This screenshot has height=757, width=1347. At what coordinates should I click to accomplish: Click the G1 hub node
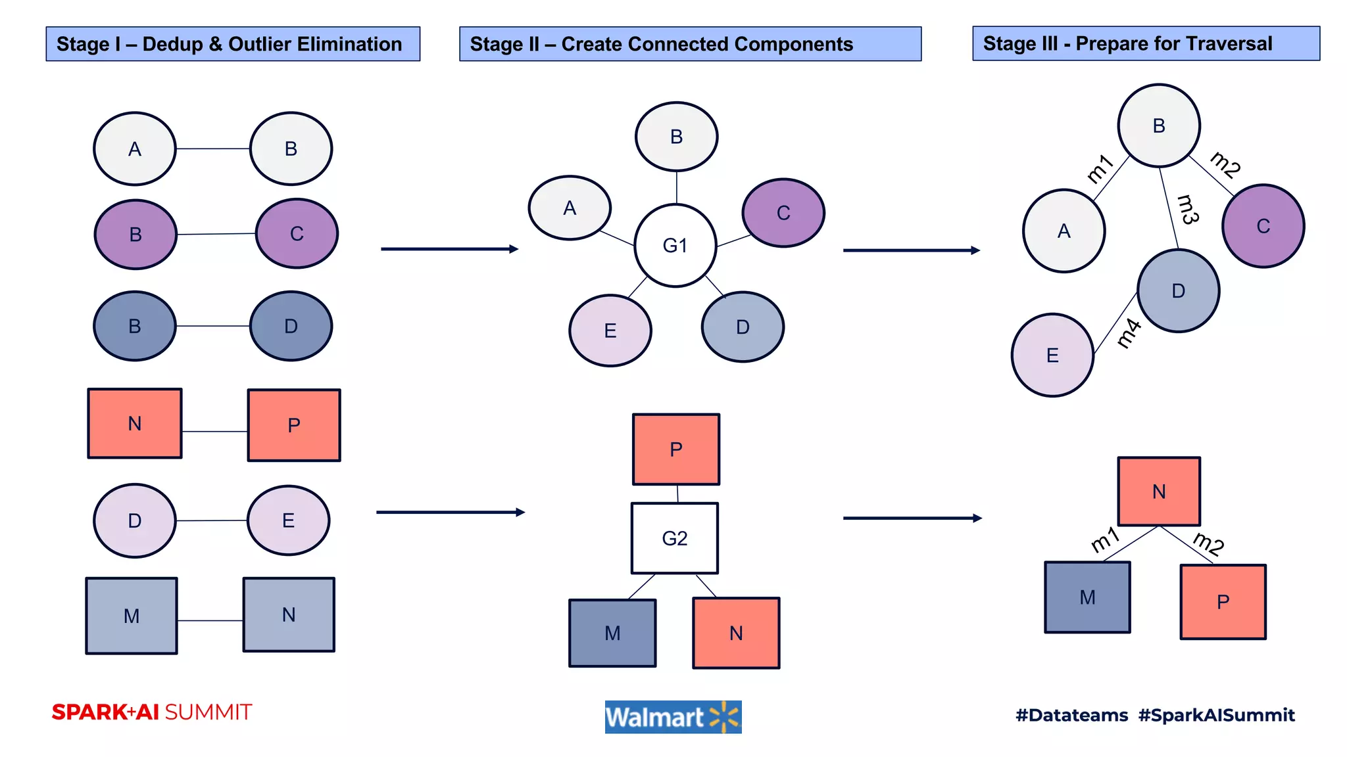[675, 245]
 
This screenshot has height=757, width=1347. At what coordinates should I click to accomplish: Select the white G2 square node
[675, 538]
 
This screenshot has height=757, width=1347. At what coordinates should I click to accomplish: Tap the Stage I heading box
[233, 44]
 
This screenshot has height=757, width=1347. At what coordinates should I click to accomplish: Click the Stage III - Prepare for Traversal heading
[1146, 43]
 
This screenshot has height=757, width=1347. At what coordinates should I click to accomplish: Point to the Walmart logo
[673, 717]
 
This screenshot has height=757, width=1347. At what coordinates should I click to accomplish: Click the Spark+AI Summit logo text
[152, 712]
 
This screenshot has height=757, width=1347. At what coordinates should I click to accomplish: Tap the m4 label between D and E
[1129, 333]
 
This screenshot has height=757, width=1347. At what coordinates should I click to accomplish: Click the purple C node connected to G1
[783, 213]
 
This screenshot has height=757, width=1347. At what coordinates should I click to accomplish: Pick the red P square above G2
[676, 449]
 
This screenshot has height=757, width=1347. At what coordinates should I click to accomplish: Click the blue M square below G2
[612, 633]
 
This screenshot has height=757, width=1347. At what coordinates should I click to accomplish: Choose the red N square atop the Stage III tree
[1159, 492]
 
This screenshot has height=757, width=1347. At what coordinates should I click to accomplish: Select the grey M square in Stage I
[132, 616]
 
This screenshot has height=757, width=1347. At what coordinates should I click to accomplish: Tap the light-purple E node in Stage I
[288, 520]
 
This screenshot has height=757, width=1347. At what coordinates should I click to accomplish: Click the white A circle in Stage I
[135, 149]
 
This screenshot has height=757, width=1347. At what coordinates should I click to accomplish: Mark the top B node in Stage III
[1159, 126]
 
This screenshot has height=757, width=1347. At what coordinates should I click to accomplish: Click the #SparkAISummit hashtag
[1216, 715]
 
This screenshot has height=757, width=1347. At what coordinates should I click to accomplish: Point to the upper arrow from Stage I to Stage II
[449, 249]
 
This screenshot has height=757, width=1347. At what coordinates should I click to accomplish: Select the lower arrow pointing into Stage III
[912, 518]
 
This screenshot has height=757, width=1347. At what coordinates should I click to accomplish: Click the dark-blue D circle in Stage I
[291, 326]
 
